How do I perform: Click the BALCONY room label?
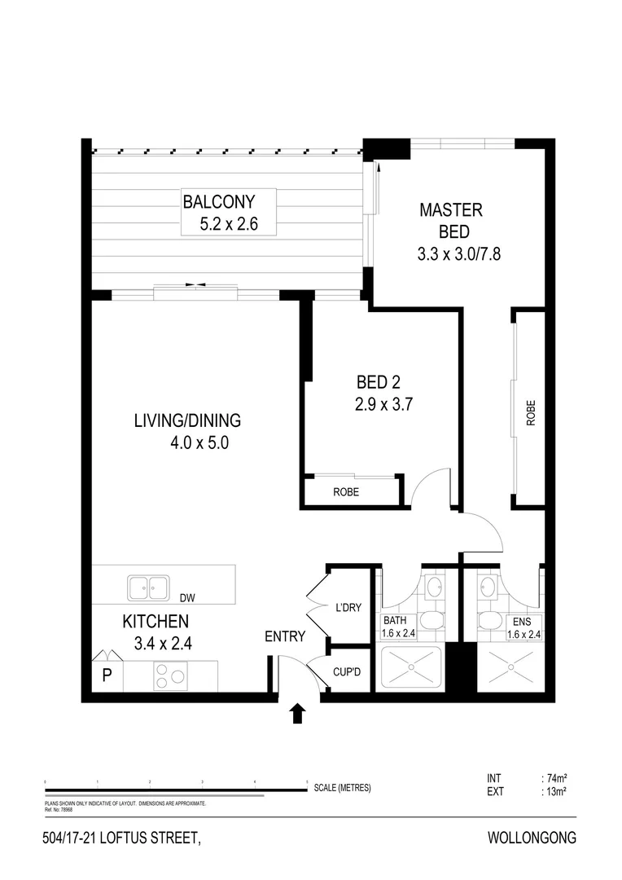[219, 201]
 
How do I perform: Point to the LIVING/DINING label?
[187, 421]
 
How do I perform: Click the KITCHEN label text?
[155, 621]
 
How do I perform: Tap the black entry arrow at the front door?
[297, 714]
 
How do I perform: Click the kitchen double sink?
[148, 587]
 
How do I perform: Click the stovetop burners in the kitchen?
[171, 676]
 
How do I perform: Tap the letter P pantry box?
[106, 675]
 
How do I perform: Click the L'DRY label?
[348, 607]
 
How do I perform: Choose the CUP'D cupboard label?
[348, 673]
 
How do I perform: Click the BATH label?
[396, 620]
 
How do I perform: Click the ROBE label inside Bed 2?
[346, 492]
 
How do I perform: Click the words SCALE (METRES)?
[342, 788]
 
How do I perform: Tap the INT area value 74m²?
[555, 778]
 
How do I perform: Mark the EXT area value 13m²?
[555, 790]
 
